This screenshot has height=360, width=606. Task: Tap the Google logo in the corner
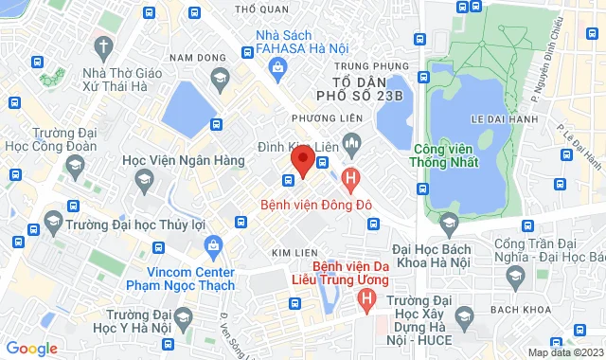(31, 348)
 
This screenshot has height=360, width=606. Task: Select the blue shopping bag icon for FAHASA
(277, 66)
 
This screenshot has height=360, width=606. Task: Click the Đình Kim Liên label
(297, 147)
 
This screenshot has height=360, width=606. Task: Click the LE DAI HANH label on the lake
(488, 119)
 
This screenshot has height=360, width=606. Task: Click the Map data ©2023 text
(563, 352)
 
